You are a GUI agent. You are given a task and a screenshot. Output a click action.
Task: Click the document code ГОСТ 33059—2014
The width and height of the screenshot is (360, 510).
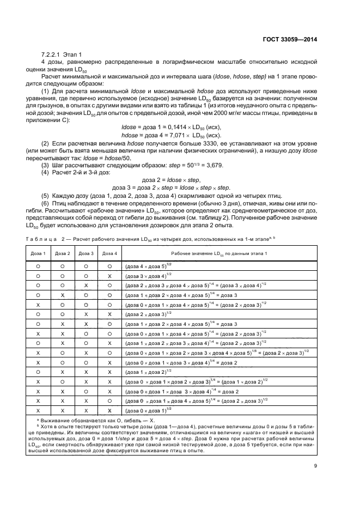click(290, 39)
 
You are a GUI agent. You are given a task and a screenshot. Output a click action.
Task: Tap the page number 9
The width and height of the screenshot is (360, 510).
click(316, 465)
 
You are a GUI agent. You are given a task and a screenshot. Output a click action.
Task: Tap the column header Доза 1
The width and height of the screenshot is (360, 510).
click(39, 253)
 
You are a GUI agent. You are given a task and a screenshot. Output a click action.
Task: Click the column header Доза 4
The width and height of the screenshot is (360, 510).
click(109, 253)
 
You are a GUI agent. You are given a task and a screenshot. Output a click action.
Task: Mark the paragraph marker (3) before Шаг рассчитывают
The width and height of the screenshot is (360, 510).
click(45, 165)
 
